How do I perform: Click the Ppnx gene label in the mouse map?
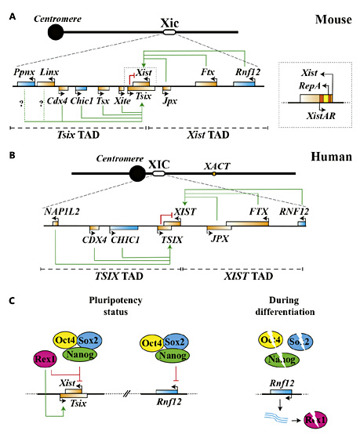point(24,71)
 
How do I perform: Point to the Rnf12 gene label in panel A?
point(248,71)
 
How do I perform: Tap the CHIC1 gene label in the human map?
point(125,240)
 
